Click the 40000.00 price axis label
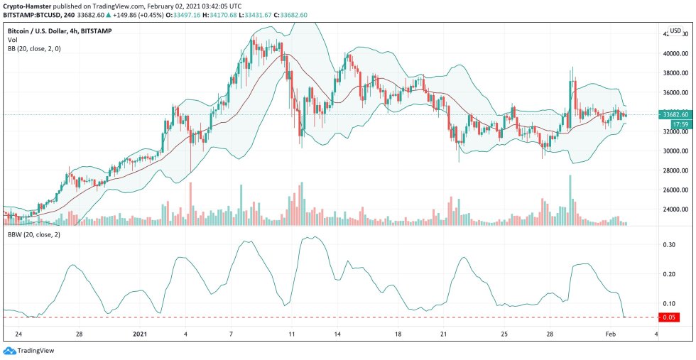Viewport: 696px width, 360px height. [x=675, y=53]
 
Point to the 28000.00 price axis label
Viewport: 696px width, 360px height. [x=675, y=170]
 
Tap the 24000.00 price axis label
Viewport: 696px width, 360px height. [x=675, y=209]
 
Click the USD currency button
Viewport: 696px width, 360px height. [x=675, y=31]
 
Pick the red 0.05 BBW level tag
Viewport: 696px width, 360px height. [x=668, y=317]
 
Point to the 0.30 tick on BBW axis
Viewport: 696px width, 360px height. [x=668, y=244]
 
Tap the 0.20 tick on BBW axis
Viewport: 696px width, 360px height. [x=668, y=274]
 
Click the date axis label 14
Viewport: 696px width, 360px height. [x=338, y=333]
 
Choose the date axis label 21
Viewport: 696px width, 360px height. [x=442, y=333]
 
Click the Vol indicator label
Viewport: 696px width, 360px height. [x=13, y=40]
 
